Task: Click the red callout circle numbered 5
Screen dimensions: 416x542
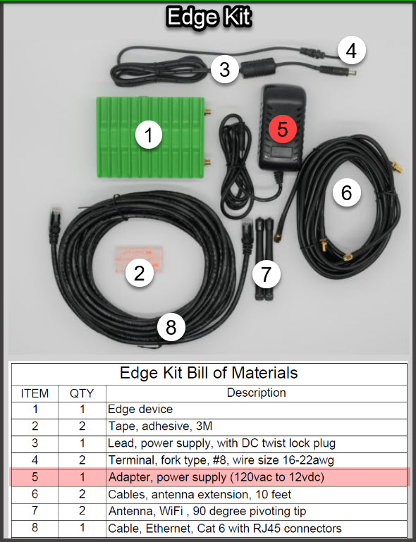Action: coord(283,128)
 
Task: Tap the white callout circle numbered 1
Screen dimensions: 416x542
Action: coord(149,135)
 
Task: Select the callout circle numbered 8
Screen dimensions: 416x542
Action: coord(171,327)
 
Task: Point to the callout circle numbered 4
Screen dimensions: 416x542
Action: coord(351,51)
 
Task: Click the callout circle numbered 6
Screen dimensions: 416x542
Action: coord(346,192)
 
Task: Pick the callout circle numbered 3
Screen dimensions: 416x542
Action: coord(224,69)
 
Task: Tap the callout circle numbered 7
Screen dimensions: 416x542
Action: coord(266,274)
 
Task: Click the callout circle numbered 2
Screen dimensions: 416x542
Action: coord(139,273)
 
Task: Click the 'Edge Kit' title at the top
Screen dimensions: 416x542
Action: coord(209,17)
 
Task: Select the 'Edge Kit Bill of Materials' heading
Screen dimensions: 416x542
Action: coord(209,373)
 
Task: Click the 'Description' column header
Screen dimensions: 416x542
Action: coord(256,393)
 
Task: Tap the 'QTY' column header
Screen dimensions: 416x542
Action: coord(82,393)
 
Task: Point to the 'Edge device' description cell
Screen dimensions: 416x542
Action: coord(140,409)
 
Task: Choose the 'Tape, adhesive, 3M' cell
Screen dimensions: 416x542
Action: coord(160,426)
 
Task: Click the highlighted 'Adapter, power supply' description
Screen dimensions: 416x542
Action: coord(216,477)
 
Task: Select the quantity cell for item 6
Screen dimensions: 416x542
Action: coord(82,494)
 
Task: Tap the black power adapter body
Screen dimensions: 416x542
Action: coord(281,127)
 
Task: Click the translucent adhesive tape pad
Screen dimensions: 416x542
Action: coord(138,260)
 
